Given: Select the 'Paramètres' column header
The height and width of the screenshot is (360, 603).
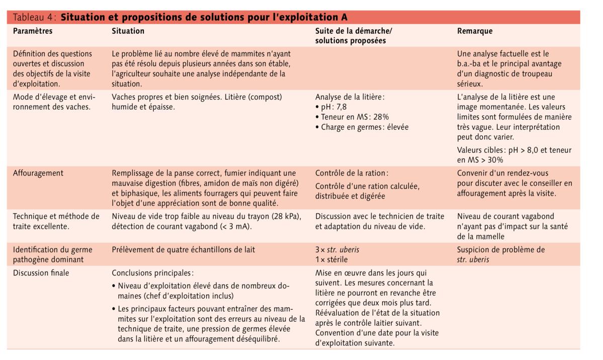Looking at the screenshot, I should tap(33, 31).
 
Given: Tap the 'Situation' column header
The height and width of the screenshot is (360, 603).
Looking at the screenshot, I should tap(128, 31).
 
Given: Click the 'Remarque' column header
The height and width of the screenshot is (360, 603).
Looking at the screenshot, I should tap(474, 31).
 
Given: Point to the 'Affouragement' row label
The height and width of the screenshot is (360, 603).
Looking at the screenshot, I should tap(38, 173).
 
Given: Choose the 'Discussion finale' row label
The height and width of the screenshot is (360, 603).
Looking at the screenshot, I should tap(41, 273).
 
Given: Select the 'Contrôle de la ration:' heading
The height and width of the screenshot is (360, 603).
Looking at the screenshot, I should tap(352, 173).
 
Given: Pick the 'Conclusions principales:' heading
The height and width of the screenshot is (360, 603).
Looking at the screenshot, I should tap(152, 273).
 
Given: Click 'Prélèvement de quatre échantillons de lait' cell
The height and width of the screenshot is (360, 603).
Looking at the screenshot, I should tap(183, 250).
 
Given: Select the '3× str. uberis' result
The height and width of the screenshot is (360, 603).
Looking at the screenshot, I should tap(337, 250).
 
